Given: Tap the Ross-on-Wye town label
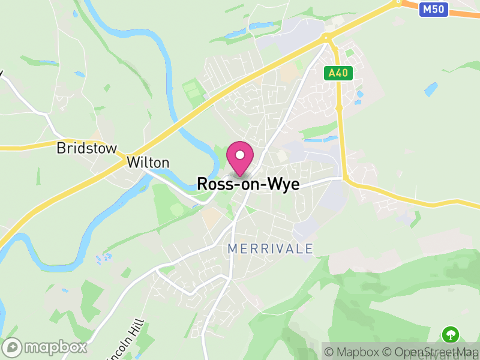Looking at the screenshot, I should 248,184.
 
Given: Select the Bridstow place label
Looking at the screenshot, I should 86,148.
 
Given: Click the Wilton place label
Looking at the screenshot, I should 148,163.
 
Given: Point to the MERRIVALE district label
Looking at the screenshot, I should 270,248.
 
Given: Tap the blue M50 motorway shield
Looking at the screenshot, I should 433,9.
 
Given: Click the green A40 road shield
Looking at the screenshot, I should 338,73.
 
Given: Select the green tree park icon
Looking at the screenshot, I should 450,334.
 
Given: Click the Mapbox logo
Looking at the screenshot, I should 45,347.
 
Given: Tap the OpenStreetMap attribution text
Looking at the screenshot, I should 428,352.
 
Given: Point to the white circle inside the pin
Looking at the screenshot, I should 240,155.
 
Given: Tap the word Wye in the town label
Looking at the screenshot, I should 285,184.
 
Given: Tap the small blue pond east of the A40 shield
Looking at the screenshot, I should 431,89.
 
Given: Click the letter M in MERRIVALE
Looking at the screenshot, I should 233,248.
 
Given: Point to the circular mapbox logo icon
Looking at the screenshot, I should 12,347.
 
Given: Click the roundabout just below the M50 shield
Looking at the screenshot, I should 397,2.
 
